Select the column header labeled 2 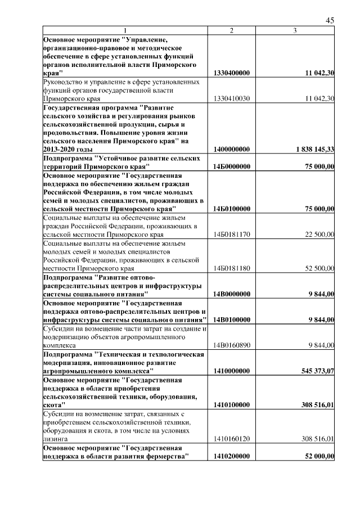pos(232,30)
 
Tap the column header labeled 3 pos(295,30)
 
